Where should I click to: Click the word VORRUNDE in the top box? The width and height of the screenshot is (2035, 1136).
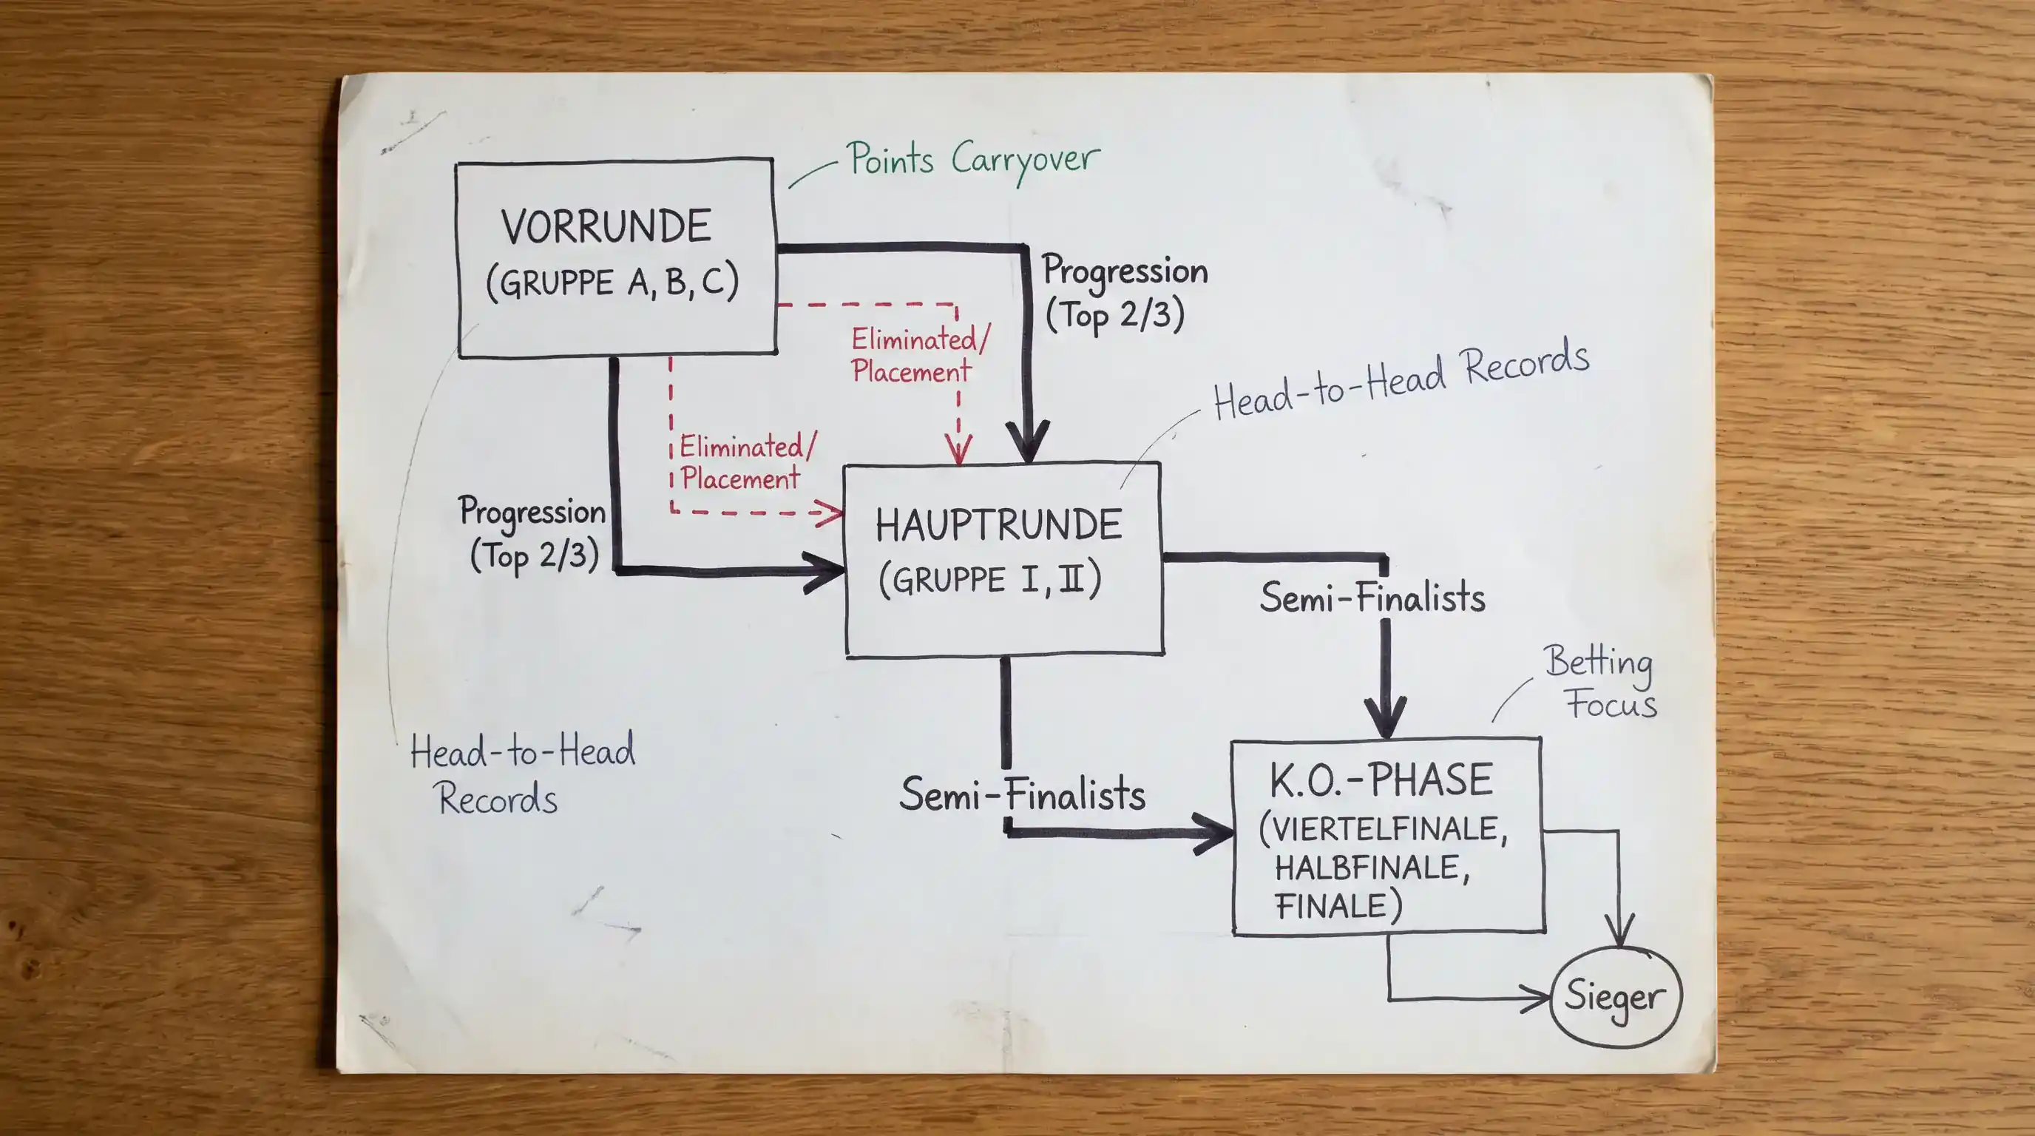606,227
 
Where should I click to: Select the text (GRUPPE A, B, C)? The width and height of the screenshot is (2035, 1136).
612,282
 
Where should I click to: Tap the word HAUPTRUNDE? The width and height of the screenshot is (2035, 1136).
998,525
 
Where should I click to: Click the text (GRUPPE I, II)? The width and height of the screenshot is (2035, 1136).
990,579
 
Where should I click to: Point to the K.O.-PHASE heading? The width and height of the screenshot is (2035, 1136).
1381,780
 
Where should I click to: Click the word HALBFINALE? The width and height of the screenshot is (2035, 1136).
1372,868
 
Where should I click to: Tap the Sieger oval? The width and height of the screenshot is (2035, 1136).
1616,997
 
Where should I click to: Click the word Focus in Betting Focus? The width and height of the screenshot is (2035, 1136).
1611,703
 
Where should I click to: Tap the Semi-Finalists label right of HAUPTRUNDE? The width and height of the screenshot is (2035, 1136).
1372,598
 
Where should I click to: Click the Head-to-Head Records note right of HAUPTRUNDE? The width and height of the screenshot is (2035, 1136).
1401,379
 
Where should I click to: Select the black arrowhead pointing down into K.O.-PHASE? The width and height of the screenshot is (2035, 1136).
1386,717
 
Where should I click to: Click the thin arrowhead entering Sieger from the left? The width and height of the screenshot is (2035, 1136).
1537,998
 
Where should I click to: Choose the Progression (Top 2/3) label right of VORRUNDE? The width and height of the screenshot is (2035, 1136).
1124,293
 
